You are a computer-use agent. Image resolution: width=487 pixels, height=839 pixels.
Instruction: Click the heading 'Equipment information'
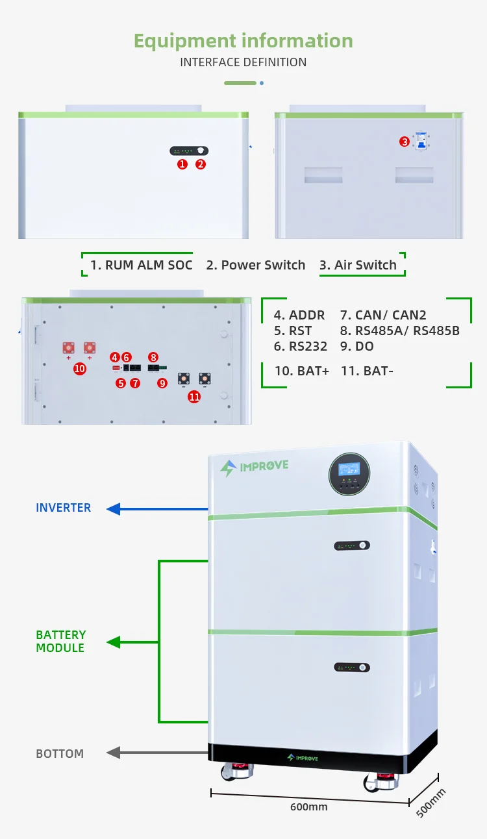point(243,40)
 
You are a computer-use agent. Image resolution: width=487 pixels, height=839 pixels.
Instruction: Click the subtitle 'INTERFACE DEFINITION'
point(243,62)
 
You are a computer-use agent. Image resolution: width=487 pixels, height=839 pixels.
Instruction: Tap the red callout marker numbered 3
point(405,142)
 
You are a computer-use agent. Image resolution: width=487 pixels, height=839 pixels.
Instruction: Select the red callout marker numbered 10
point(80,368)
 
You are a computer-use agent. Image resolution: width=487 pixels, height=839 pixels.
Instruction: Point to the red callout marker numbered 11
point(194,397)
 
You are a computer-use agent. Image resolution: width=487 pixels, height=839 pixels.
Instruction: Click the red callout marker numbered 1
point(182,164)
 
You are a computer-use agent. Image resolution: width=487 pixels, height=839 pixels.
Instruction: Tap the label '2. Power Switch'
point(255,265)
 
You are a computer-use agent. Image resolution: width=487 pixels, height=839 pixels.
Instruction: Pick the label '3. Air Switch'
point(358,265)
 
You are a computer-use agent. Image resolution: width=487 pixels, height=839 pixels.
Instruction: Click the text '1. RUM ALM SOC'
point(141,265)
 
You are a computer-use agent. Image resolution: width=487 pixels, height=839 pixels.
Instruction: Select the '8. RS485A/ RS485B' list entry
point(399,331)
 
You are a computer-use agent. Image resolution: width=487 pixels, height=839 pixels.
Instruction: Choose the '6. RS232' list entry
point(300,347)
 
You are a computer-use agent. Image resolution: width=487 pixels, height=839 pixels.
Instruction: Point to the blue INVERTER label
point(64,508)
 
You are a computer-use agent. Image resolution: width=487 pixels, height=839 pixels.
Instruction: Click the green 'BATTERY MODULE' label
point(61,642)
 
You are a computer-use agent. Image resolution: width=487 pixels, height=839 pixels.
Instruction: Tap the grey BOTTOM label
point(60,754)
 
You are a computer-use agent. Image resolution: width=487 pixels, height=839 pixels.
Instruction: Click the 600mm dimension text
point(308,807)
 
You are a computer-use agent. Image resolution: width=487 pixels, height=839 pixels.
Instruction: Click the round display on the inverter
point(349,473)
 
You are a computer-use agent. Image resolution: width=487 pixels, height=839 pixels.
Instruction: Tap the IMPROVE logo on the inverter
point(254,466)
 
